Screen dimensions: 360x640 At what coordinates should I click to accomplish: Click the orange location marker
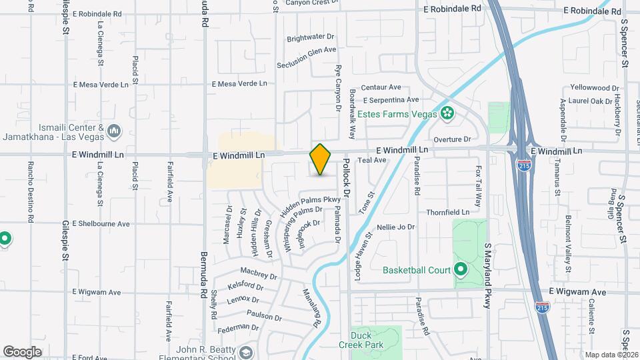(x=321, y=159)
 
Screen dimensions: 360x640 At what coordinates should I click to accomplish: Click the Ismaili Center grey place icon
(x=113, y=131)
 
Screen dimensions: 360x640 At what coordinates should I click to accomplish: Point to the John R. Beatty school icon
(x=246, y=353)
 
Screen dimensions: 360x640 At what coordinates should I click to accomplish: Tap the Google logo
(x=22, y=352)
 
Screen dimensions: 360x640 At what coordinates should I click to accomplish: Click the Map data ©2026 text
(x=611, y=355)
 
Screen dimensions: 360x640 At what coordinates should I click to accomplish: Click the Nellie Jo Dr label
(x=396, y=227)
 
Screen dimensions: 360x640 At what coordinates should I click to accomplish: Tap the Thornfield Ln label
(x=448, y=212)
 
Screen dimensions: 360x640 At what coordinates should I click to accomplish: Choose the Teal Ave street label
(x=372, y=161)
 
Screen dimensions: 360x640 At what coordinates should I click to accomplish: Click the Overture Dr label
(x=452, y=139)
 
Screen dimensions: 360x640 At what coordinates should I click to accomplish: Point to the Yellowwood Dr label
(x=595, y=87)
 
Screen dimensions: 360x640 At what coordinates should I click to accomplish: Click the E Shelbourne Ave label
(x=101, y=223)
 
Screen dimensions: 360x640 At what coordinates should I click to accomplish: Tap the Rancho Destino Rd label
(x=30, y=191)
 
